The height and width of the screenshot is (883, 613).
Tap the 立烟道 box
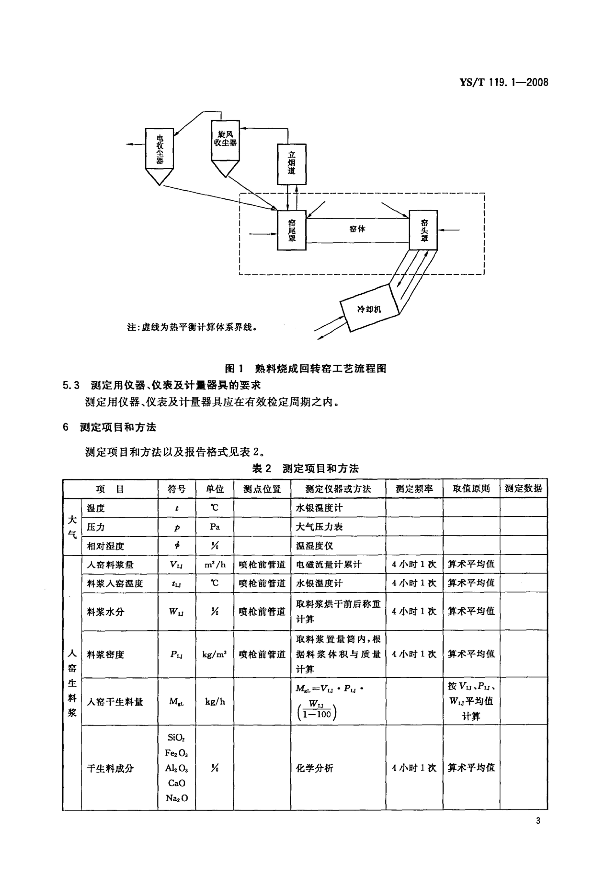coord(292,164)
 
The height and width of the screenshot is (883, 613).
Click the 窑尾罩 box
coord(292,230)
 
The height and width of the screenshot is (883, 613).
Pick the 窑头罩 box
coord(423,230)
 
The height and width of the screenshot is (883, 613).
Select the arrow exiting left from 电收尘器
coord(135,144)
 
